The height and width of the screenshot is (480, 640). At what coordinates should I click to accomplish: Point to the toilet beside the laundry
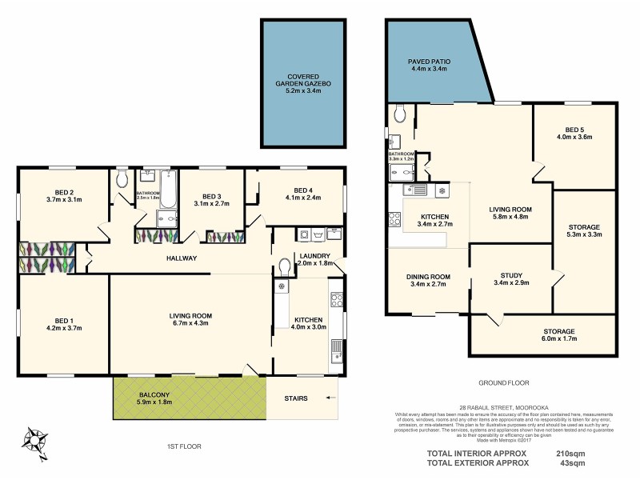pos(286,266)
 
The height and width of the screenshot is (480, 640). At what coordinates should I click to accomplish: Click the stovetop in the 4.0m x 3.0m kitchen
pos(337,302)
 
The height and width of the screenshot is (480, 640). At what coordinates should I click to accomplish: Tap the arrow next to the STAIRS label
pos(332,397)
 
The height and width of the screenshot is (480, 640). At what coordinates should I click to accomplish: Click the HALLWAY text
pos(182,258)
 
